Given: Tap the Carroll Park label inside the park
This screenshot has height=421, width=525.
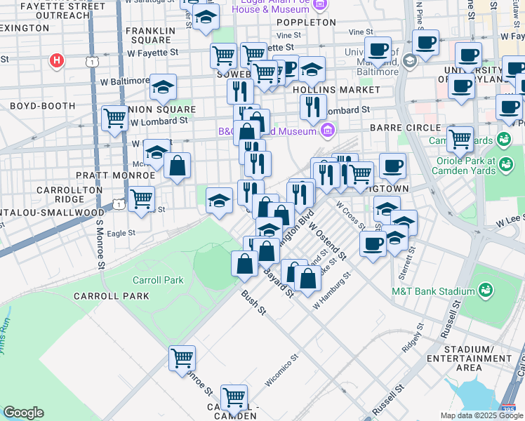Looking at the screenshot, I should (158, 280).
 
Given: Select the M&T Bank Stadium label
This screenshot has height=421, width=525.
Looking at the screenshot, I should (423, 291).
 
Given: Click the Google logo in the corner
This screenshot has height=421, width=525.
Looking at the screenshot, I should (23, 413).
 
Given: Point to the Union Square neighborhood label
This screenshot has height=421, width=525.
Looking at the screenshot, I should (161, 109).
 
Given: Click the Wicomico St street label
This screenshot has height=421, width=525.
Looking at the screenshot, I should (282, 369).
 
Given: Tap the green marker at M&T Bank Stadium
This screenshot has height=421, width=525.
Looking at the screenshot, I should (484, 290).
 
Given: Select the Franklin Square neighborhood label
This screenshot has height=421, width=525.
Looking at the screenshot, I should (151, 35).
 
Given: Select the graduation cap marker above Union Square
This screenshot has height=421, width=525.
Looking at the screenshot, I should (163, 87).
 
